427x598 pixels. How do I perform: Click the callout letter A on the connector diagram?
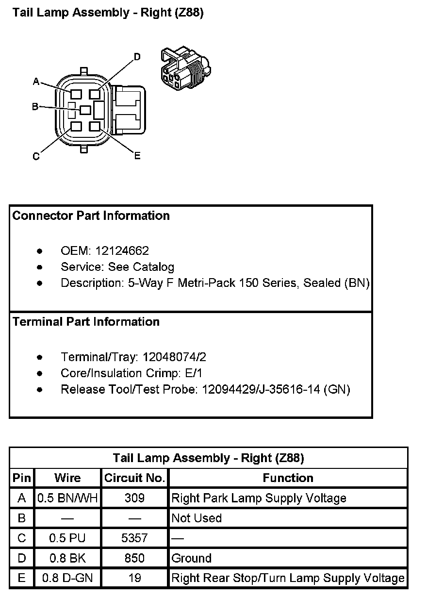point(36,82)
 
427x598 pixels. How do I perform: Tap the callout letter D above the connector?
point(137,57)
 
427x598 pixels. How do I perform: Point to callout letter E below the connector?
point(137,156)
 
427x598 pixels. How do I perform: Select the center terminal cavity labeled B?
point(85,110)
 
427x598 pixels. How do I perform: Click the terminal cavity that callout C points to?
point(76,127)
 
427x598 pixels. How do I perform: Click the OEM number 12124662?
point(122,251)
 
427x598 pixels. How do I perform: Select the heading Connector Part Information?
point(91,216)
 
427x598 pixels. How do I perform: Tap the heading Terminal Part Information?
point(86,322)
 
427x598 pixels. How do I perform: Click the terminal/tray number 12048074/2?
point(174,357)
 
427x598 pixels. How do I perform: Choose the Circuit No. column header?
point(134,478)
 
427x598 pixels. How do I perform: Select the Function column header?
point(288,478)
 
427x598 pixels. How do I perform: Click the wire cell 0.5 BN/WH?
point(67,498)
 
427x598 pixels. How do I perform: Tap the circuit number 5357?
point(134,538)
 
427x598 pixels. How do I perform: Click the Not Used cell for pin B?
point(197,518)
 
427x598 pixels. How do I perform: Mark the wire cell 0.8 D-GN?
point(67,578)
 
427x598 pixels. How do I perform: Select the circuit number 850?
point(134,558)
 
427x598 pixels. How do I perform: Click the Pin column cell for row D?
point(22,558)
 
